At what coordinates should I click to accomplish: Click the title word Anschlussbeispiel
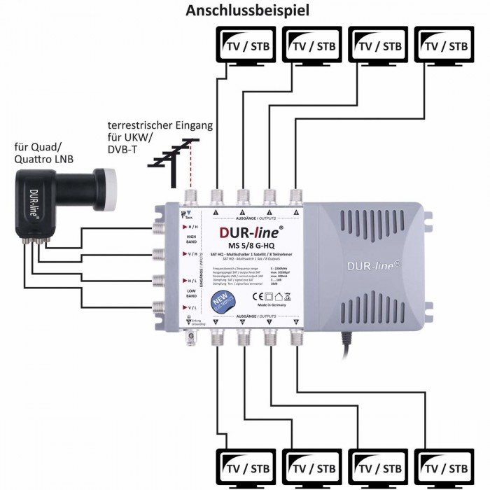pos(246,11)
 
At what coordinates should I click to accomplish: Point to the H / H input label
pos(171,227)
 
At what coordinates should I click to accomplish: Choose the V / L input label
pos(171,307)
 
